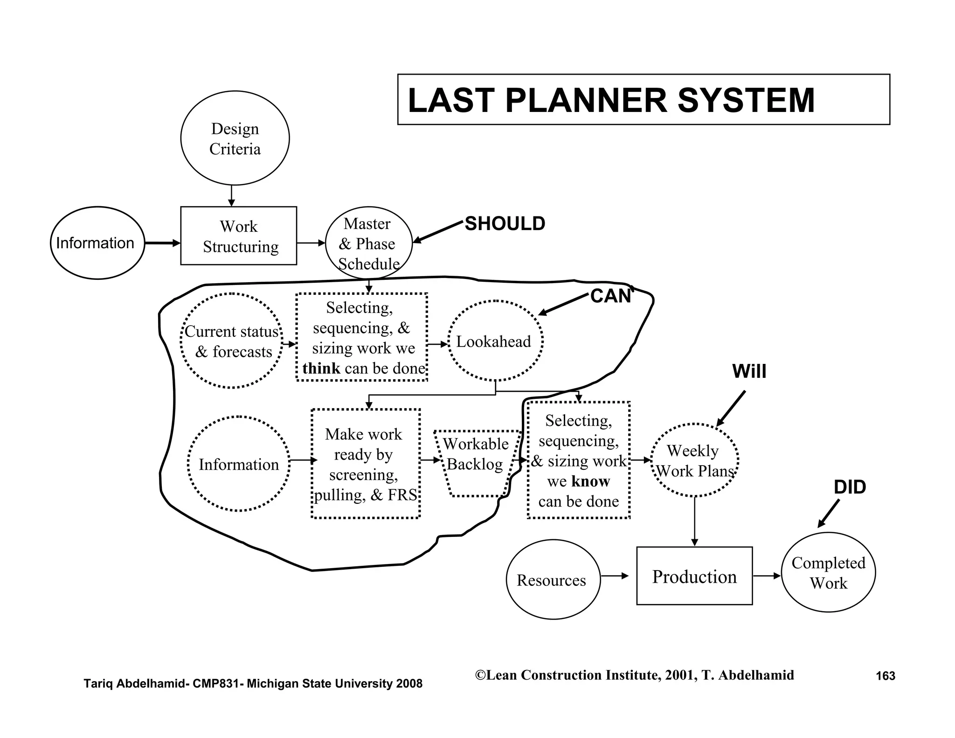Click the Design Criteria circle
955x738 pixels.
pos(235,138)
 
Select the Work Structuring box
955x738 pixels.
pos(238,236)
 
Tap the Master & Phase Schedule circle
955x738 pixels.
pos(368,243)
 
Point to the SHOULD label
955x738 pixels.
pos(505,224)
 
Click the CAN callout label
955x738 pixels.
pos(610,296)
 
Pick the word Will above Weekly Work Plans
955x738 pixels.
pos(749,371)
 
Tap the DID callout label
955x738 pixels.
pos(850,487)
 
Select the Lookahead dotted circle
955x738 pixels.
pos(495,341)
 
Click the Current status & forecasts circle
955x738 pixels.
pos(232,341)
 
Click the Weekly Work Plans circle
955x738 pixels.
pos(694,460)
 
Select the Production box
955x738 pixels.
pos(694,576)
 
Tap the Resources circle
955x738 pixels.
pos(553,579)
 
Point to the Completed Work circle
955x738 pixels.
pos(828,573)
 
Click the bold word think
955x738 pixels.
pos(321,369)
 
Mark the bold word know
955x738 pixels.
pos(591,481)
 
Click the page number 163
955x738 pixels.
pos(885,676)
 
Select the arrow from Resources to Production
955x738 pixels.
pos(615,576)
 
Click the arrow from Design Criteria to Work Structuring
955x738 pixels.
pos(231,195)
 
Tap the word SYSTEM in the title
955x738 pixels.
pos(746,100)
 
